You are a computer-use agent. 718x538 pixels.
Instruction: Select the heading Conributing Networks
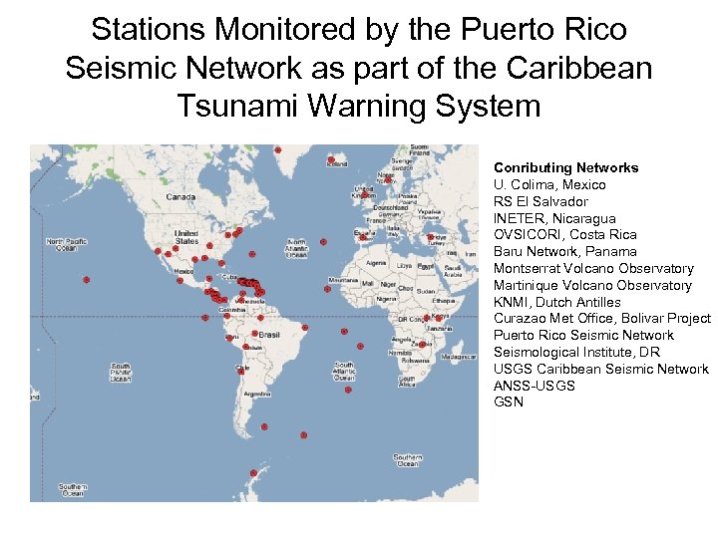(x=565, y=167)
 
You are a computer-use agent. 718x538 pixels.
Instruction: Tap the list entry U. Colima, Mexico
(x=549, y=184)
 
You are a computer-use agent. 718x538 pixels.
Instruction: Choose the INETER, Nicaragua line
(x=554, y=218)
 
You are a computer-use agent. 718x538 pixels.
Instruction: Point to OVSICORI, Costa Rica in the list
(x=564, y=235)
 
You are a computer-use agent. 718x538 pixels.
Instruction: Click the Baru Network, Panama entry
(x=565, y=252)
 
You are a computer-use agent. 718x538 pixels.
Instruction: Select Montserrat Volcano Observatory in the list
(x=593, y=268)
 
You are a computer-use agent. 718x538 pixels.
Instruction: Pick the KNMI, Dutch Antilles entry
(x=556, y=302)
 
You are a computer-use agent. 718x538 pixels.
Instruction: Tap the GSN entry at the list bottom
(x=508, y=402)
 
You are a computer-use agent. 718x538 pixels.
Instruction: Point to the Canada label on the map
(x=180, y=197)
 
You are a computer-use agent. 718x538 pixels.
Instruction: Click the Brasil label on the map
(x=269, y=335)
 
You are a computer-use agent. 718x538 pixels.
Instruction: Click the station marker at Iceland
(x=331, y=159)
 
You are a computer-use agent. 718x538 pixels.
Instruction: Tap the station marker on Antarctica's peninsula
(x=264, y=426)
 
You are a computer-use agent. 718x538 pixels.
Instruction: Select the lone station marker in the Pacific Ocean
(x=87, y=280)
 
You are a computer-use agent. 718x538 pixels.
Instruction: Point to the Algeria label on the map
(x=376, y=263)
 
